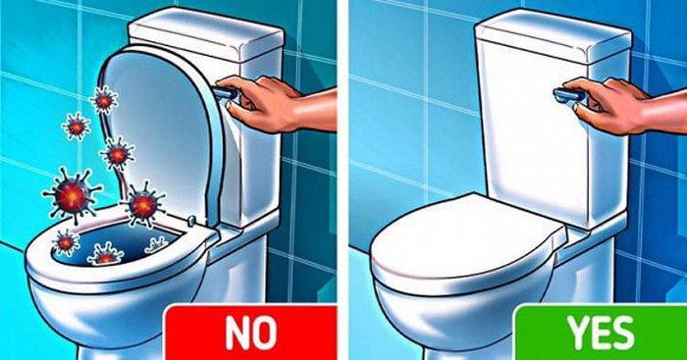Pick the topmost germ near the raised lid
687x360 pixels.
[x=102, y=99]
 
